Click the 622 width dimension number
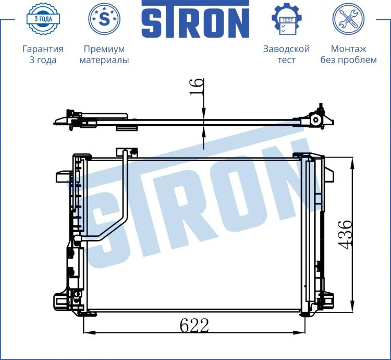(194, 326)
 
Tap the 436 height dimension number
(345, 234)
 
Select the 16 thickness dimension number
(197, 87)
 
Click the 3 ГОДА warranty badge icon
(43, 19)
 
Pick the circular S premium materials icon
(104, 19)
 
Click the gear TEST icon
(287, 19)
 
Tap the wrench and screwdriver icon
(348, 19)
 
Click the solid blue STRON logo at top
(195, 19)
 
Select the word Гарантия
(43, 49)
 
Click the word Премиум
(104, 49)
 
